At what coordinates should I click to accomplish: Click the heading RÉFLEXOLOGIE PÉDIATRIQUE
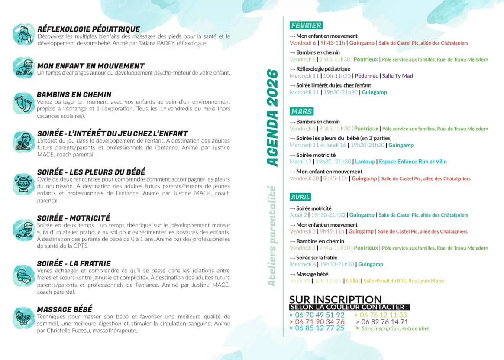click(x=89, y=29)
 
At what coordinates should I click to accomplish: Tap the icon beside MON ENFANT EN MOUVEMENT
click(x=23, y=67)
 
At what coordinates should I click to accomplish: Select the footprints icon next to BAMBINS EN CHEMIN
click(x=23, y=103)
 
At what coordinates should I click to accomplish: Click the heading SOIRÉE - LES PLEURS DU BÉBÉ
click(x=91, y=172)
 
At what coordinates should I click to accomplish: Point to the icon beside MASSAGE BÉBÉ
click(x=23, y=317)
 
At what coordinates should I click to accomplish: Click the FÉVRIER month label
click(x=306, y=26)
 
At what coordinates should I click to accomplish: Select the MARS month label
click(x=301, y=111)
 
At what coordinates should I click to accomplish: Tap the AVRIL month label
click(x=300, y=197)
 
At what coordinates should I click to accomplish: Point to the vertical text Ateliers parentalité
click(x=272, y=236)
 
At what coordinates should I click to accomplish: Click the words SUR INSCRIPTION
click(x=335, y=299)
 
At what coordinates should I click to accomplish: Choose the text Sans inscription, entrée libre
click(x=395, y=328)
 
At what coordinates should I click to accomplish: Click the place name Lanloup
click(x=365, y=162)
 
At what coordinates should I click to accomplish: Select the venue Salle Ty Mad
click(x=397, y=76)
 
